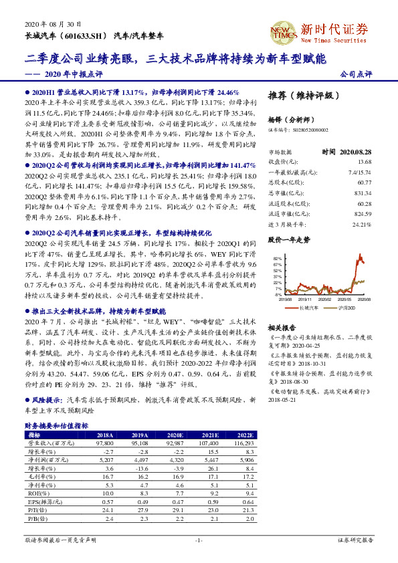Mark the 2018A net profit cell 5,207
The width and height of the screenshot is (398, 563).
[106, 459]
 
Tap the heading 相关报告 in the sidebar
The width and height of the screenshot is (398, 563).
[282, 328]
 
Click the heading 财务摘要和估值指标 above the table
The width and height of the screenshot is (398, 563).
[56, 425]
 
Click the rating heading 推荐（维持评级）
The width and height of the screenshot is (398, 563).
[300, 94]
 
